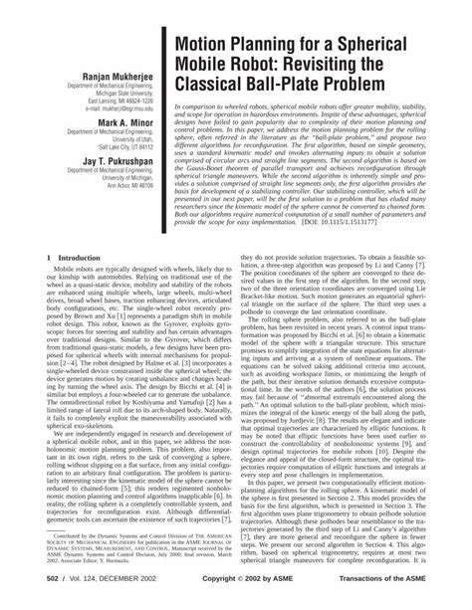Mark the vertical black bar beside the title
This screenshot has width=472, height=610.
click(x=164, y=100)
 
